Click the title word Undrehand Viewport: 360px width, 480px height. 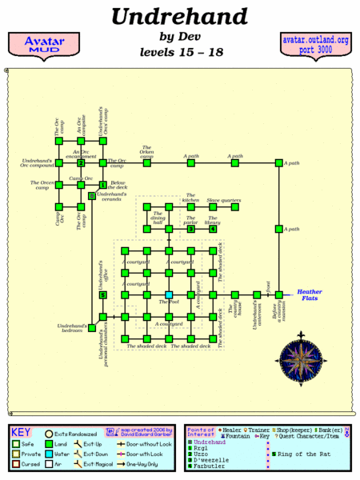click(x=179, y=16)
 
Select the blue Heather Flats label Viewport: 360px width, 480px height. click(x=310, y=296)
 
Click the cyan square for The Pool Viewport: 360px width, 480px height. click(x=169, y=295)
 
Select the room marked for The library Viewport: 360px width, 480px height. click(x=213, y=229)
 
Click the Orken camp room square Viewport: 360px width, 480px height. click(x=147, y=163)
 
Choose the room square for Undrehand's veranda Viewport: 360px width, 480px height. click(x=93, y=194)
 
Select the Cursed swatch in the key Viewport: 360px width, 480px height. click(x=15, y=463)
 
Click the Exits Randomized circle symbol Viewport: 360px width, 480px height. click(x=49, y=433)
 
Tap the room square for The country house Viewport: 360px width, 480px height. click(x=235, y=295)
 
